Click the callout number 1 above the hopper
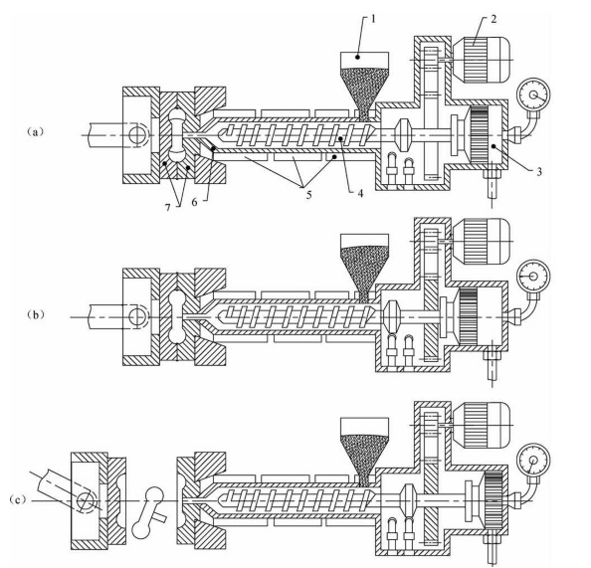click(373, 19)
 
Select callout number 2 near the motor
click(493, 19)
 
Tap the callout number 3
click(539, 171)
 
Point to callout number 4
click(360, 193)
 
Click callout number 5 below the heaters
click(308, 195)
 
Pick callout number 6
click(194, 202)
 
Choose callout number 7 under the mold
click(168, 207)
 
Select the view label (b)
click(36, 315)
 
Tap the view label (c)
click(18, 499)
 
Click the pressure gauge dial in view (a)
click(533, 95)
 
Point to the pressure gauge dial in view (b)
click(533, 277)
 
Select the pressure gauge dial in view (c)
click(533, 461)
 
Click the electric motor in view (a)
click(482, 60)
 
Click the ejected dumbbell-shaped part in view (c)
click(148, 512)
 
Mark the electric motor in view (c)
click(482, 425)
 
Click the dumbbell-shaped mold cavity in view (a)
click(176, 134)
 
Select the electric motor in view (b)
click(482, 242)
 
